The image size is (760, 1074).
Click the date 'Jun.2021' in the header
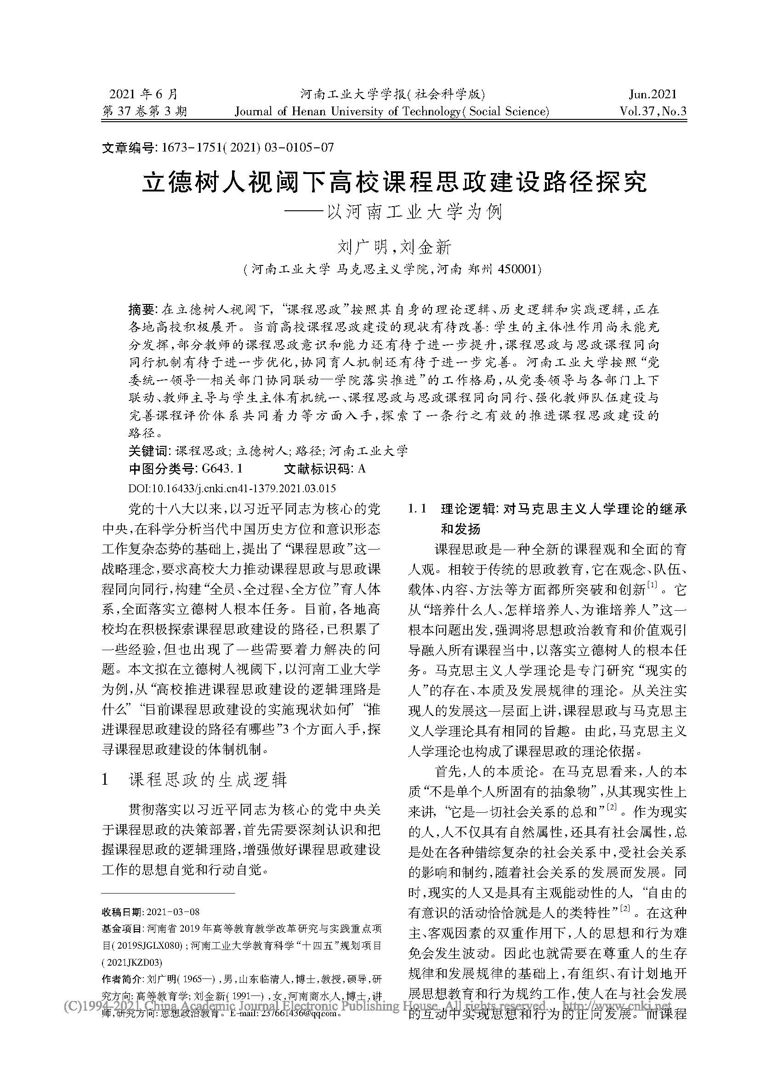point(652,94)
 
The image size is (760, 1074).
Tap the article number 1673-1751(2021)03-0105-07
point(247,148)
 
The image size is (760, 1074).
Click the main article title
point(395,182)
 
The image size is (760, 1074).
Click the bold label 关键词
point(148,450)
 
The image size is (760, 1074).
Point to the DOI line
point(232,489)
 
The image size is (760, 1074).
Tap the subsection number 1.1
point(416,509)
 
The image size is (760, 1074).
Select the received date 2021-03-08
point(173,912)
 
